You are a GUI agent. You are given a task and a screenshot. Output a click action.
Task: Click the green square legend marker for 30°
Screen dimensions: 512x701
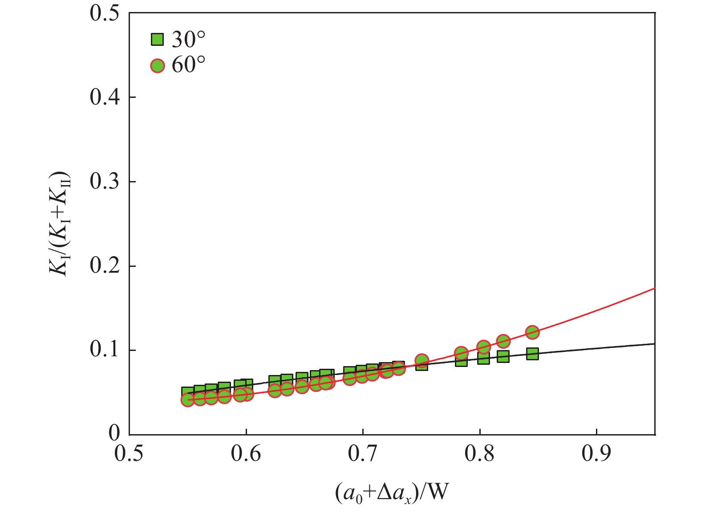point(157,40)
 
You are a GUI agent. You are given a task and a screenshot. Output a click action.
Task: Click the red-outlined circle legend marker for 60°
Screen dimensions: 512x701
point(157,66)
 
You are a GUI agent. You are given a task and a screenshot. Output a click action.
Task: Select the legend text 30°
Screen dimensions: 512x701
point(188,40)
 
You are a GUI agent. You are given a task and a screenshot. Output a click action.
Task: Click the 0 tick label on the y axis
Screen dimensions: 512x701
point(114,434)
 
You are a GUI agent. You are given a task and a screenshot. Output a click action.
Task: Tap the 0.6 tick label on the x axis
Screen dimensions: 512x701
point(246,455)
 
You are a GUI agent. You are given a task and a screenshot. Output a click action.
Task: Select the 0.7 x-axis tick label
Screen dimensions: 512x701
point(363,455)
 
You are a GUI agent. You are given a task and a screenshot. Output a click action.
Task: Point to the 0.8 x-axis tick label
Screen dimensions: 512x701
point(480,455)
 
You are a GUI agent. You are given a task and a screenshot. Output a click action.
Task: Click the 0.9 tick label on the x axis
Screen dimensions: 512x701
point(596,455)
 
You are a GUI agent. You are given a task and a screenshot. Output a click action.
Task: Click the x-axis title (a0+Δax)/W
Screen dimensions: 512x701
point(391,493)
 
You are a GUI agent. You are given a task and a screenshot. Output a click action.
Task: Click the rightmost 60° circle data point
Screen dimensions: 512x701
point(532,332)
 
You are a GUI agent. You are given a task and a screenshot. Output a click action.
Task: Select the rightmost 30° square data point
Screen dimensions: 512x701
point(532,354)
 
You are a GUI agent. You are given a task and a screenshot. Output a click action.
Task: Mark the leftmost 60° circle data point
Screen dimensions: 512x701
point(187,400)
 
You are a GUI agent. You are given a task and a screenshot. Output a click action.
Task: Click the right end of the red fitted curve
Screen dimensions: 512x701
point(654,289)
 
